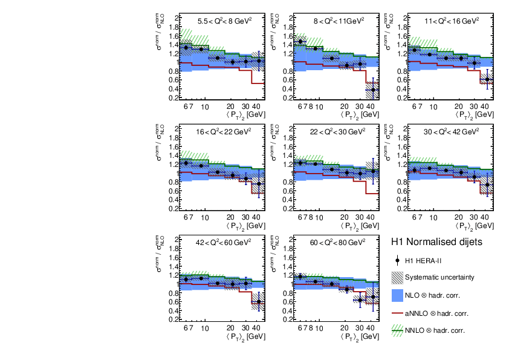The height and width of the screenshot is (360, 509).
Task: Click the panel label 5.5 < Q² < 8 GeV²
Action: [225, 19]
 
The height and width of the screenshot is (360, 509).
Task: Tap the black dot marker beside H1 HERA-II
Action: [397, 261]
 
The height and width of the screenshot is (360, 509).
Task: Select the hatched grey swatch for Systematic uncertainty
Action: [397, 278]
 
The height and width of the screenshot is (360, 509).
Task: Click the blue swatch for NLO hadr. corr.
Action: [397, 295]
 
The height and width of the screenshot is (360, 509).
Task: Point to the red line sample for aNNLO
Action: [397, 313]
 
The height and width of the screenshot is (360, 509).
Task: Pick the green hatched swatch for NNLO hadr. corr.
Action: [397, 330]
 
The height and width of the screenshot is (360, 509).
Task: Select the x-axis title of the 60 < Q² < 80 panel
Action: [355, 336]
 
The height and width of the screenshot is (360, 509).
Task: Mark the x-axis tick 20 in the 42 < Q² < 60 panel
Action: [230, 327]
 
